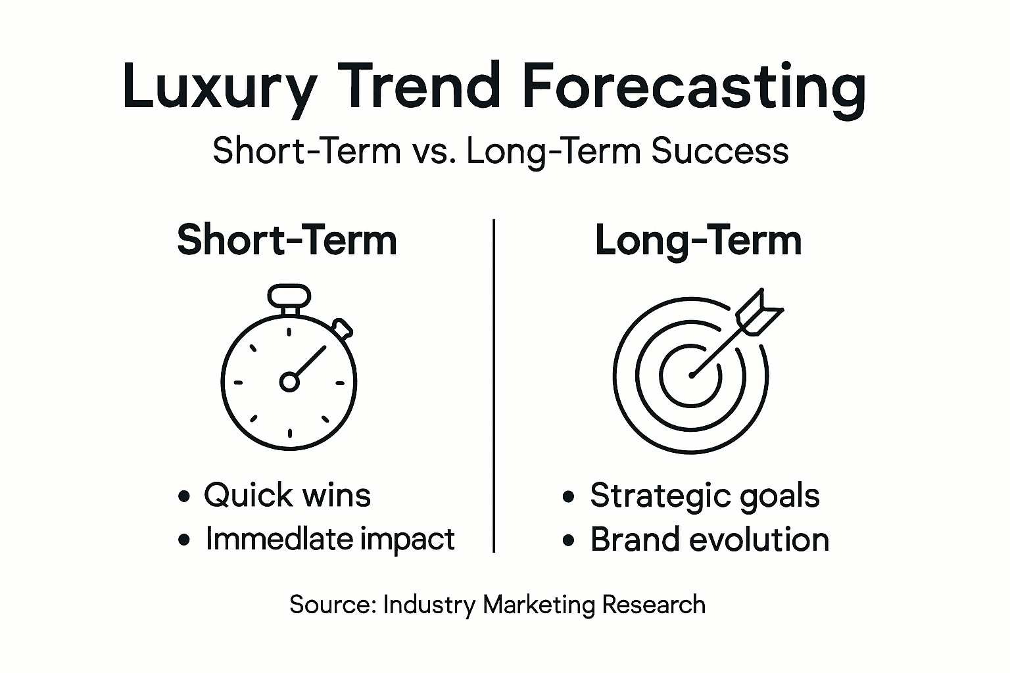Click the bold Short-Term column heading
pyautogui.click(x=287, y=240)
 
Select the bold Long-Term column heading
pyautogui.click(x=698, y=240)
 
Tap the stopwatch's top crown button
pyautogui.click(x=289, y=295)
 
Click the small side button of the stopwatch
pyautogui.click(x=342, y=327)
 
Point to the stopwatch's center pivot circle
pyautogui.click(x=289, y=381)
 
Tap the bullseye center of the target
pyautogui.click(x=691, y=375)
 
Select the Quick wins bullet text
pyautogui.click(x=287, y=495)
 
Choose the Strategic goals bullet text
pyautogui.click(x=704, y=495)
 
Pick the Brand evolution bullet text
pyautogui.click(x=709, y=540)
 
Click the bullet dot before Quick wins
pyautogui.click(x=185, y=496)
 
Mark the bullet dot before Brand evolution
pyautogui.click(x=569, y=541)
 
